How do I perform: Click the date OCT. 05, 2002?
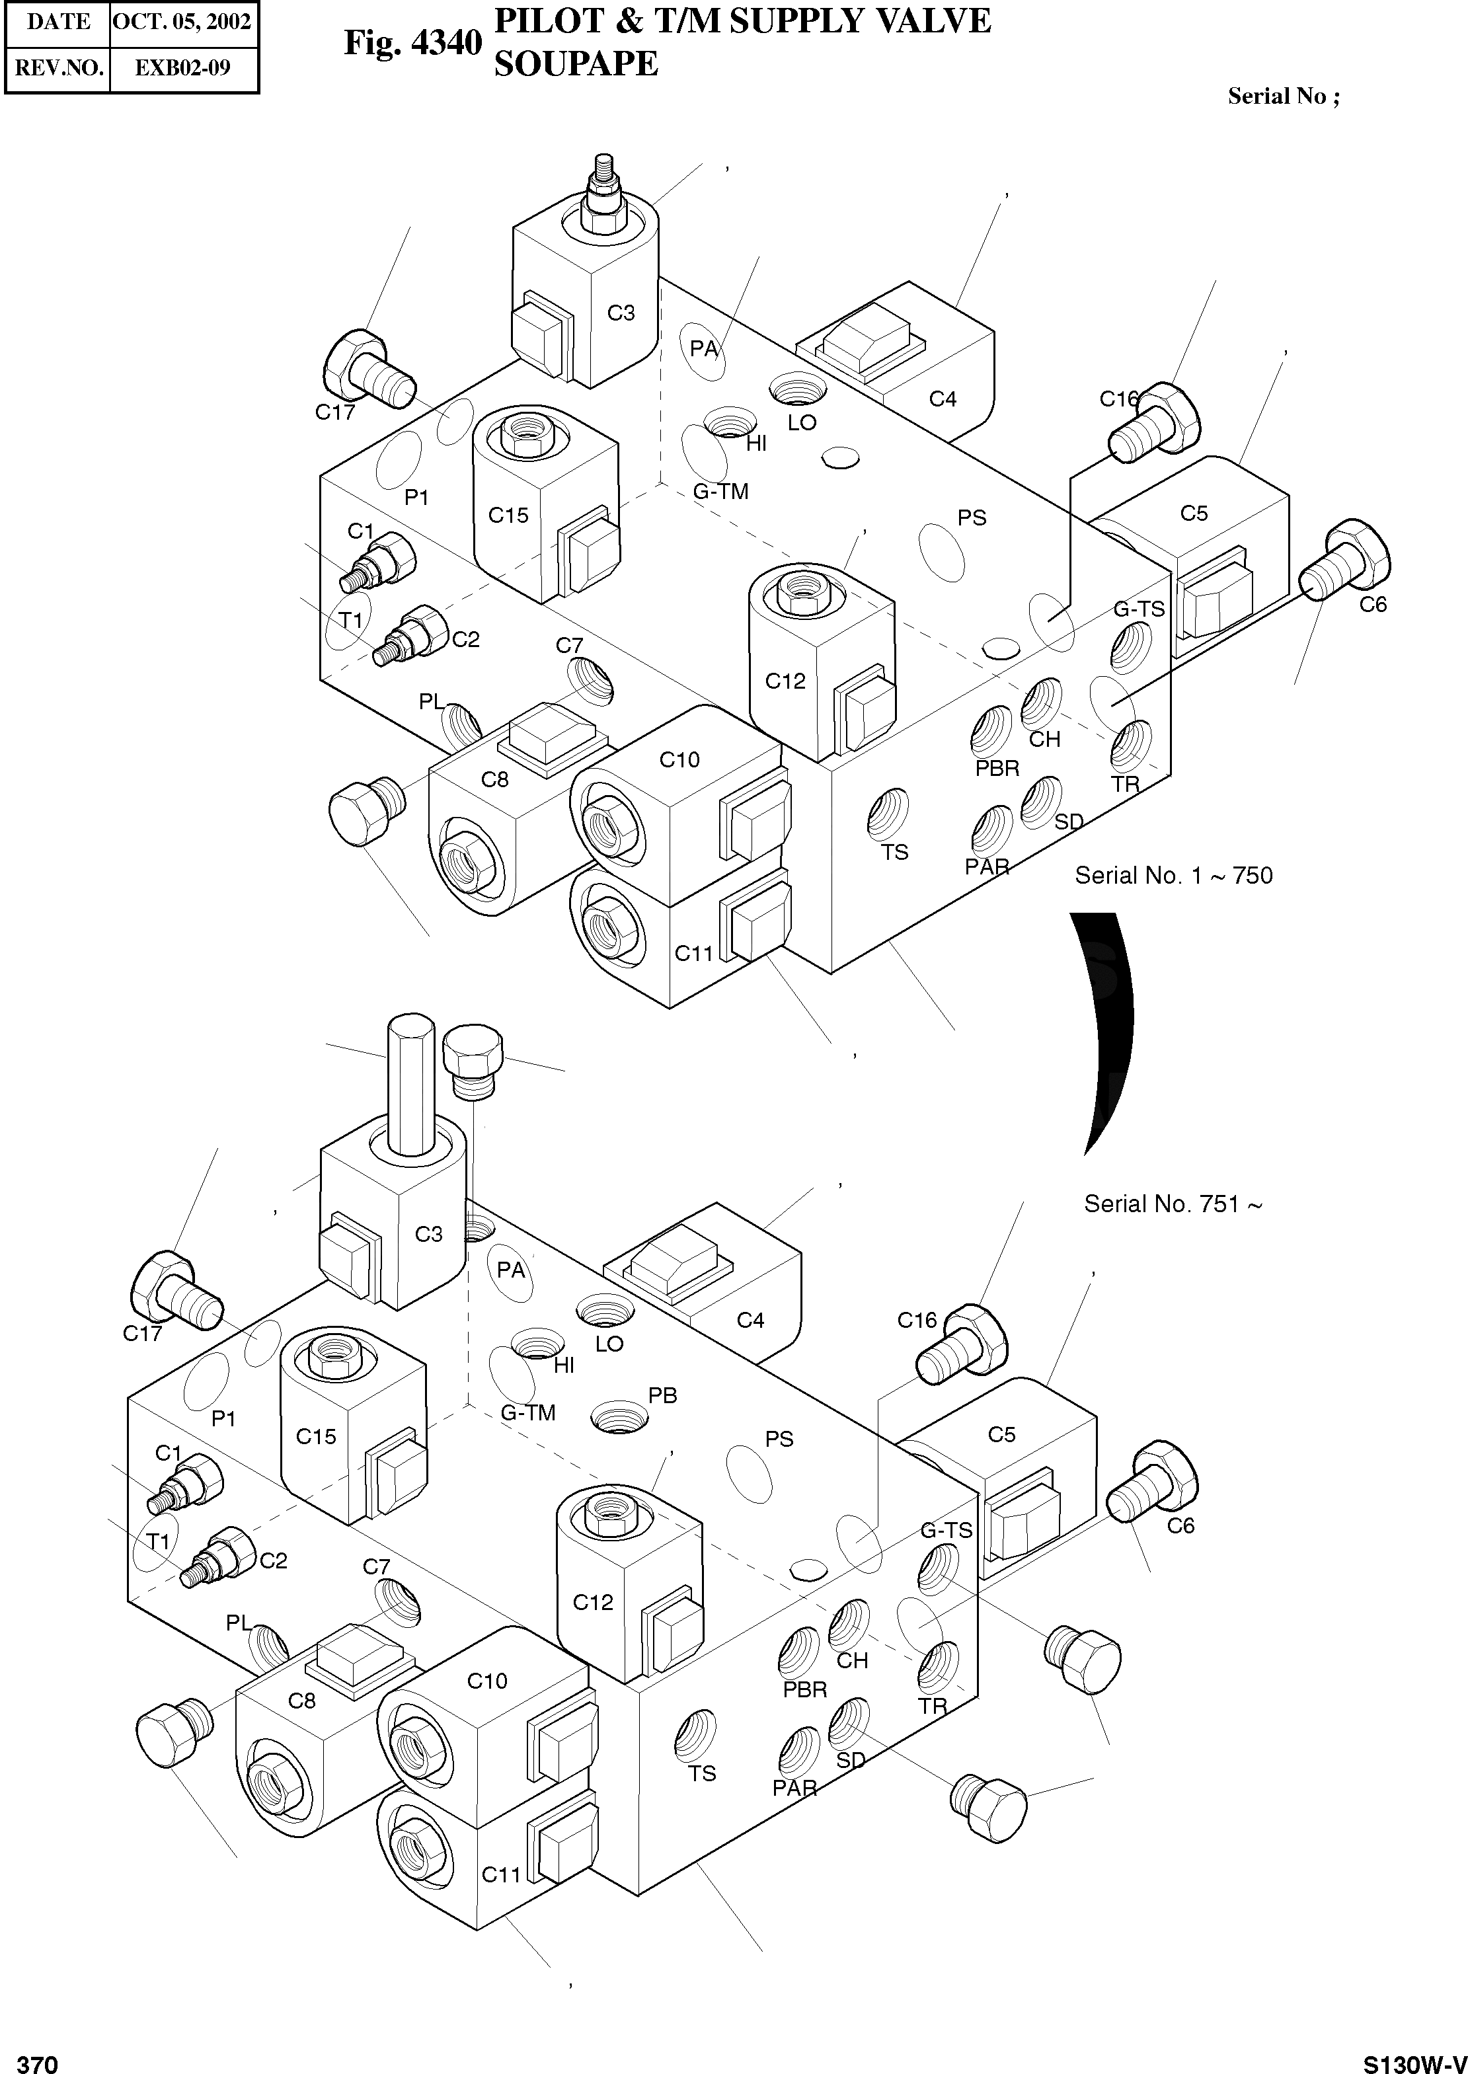182,22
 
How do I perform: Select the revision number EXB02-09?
182,68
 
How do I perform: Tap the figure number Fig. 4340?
413,42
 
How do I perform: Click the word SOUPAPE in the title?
576,63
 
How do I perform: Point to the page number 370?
38,2063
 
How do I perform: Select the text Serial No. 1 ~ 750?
1173,875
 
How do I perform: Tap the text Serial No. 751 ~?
1173,1204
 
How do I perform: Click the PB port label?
662,1395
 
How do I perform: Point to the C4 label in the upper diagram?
943,399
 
